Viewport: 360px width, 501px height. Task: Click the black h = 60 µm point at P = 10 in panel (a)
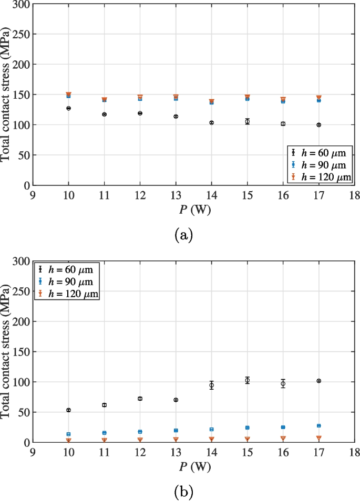click(x=68, y=108)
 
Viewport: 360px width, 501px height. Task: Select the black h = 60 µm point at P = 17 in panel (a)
click(x=318, y=125)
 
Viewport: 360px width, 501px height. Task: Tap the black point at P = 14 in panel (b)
click(x=211, y=385)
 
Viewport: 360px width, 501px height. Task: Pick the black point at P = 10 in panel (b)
click(x=68, y=410)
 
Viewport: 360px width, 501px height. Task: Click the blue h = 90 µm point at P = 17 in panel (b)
click(x=318, y=426)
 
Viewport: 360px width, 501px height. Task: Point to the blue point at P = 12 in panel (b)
click(x=140, y=432)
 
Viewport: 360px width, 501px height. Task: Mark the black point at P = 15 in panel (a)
click(x=247, y=121)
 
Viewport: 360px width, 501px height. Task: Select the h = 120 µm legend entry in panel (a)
click(x=317, y=178)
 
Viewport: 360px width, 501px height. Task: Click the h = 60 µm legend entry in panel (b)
click(x=66, y=270)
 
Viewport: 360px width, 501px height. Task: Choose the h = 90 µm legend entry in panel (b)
click(x=66, y=282)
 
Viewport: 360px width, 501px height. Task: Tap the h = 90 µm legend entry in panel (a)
click(x=317, y=165)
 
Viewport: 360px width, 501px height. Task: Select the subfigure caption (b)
click(x=183, y=492)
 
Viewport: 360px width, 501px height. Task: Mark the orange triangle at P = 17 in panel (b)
click(x=318, y=438)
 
